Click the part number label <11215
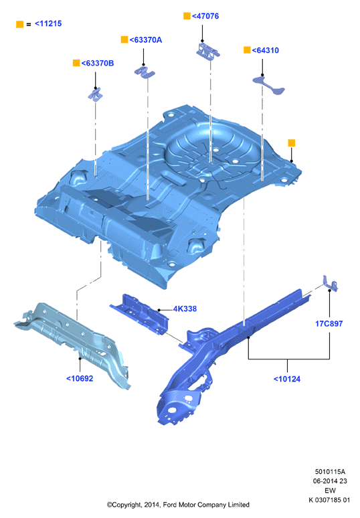click(x=48, y=23)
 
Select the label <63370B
click(x=98, y=63)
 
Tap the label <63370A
click(x=146, y=40)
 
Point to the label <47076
click(x=205, y=16)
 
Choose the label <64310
click(x=265, y=50)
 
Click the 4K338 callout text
click(x=185, y=309)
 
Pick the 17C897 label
click(x=329, y=324)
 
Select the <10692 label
click(x=80, y=379)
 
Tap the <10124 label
click(x=287, y=379)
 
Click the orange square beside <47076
click(x=187, y=16)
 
